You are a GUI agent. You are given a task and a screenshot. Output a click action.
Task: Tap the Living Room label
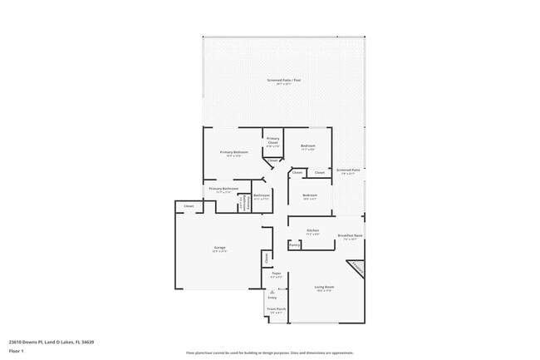click(x=323, y=288)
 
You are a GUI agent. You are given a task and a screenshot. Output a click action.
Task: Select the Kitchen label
click(x=312, y=232)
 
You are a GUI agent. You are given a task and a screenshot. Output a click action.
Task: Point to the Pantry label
click(x=294, y=245)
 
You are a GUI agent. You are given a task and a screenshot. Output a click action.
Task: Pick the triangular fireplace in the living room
click(x=356, y=269)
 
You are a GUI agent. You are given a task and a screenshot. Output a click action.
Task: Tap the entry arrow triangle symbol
click(x=272, y=292)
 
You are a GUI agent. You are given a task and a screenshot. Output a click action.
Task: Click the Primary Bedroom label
click(x=233, y=153)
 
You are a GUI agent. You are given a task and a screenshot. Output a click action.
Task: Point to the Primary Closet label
click(x=272, y=142)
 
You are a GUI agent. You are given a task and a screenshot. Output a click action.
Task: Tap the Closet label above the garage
click(x=189, y=205)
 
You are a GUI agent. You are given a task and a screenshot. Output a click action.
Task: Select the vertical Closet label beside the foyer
click(x=266, y=258)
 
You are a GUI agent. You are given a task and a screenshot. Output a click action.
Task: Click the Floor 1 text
click(x=17, y=353)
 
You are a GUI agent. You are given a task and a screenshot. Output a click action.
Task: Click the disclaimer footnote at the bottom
click(x=270, y=353)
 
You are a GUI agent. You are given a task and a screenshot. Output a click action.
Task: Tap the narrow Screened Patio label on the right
click(x=348, y=171)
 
